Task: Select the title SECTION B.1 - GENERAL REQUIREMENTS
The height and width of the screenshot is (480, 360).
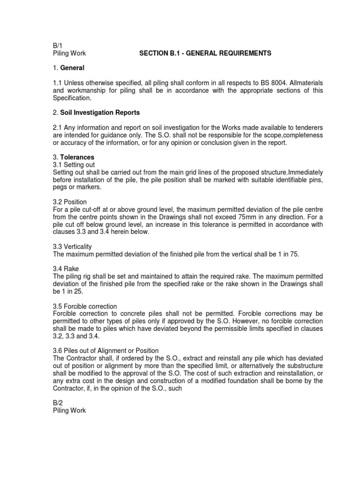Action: [x=205, y=54]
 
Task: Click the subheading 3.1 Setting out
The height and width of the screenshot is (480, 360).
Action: [x=74, y=165]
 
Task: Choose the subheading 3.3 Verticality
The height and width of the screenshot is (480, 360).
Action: [x=73, y=247]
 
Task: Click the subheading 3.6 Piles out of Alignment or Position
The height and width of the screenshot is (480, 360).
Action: [x=106, y=351]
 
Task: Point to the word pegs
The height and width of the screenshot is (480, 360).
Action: [x=60, y=187]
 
